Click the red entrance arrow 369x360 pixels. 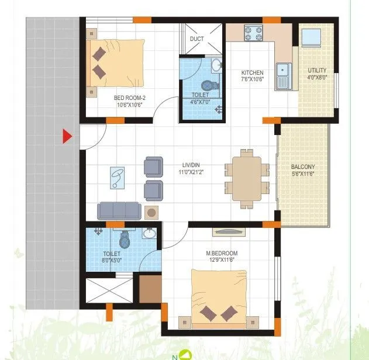[67, 137]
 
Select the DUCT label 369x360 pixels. [196, 39]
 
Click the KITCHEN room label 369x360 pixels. [252, 73]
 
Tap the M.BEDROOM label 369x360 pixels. [222, 253]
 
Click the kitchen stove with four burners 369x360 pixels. [253, 32]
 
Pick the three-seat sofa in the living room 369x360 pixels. [119, 210]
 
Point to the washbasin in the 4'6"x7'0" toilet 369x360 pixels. [216, 65]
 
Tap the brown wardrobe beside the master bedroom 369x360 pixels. [150, 288]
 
